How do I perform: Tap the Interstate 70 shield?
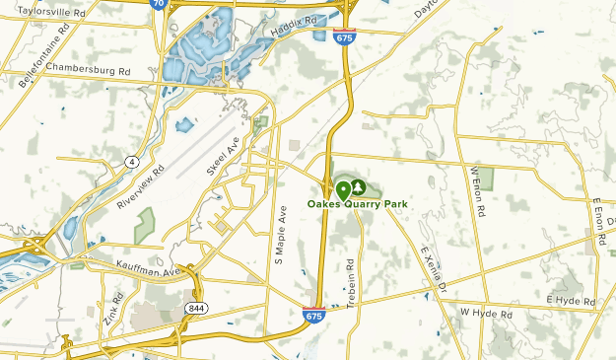[x=158, y=4]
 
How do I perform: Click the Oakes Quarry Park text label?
[x=357, y=204]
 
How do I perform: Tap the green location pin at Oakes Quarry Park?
[x=343, y=188]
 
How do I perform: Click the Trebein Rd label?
[x=351, y=283]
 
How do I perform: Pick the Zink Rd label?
[x=110, y=309]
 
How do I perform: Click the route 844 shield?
[x=194, y=309]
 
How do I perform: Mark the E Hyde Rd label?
[x=571, y=299]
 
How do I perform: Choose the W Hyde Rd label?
[x=487, y=313]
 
